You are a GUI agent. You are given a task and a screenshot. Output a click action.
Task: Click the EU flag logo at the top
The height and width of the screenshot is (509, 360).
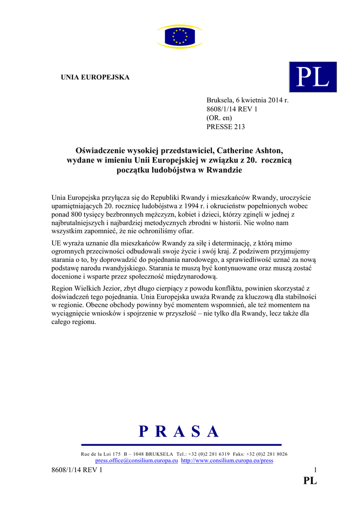(180, 36)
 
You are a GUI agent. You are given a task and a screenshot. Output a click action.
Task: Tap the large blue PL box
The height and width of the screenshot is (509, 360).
(313, 77)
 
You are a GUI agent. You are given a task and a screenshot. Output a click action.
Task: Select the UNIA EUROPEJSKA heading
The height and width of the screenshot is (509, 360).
(95, 78)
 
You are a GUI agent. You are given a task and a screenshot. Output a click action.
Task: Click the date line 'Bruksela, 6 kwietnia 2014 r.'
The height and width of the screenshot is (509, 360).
(247, 100)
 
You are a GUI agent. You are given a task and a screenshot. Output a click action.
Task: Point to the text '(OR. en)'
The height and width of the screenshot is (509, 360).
(219, 118)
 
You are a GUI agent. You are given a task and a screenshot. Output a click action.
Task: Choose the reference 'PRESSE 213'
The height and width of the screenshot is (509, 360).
(226, 127)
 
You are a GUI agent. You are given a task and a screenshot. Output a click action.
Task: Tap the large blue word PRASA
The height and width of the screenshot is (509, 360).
(180, 431)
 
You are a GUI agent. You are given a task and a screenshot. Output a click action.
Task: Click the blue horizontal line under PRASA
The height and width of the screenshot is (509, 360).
(181, 445)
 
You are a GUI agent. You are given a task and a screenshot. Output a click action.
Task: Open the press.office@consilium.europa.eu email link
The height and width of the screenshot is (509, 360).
(137, 461)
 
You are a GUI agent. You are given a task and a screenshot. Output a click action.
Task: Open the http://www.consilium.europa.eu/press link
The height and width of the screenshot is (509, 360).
(227, 461)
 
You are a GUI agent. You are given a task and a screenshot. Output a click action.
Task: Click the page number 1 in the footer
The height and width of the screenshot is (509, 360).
(315, 470)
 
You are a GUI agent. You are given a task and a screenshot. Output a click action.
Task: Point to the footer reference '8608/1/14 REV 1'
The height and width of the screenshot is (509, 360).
(77, 470)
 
